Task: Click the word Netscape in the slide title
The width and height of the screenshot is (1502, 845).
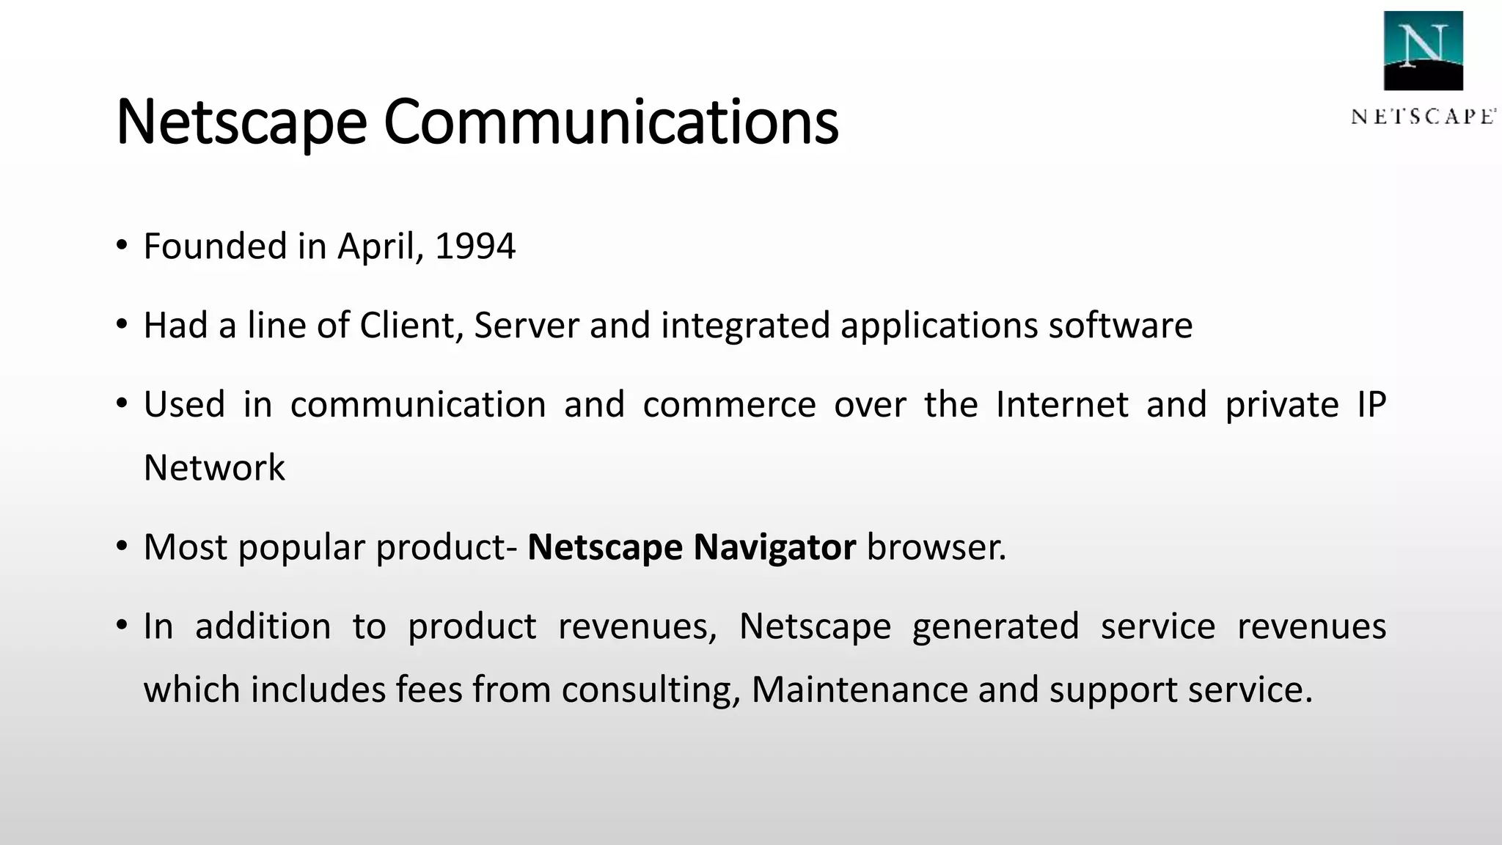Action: [241, 122]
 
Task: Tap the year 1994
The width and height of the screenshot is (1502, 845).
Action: [475, 246]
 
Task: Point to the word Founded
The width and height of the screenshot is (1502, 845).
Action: [215, 246]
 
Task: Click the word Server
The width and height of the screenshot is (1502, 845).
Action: [527, 326]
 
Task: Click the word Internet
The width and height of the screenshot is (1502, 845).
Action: [1062, 405]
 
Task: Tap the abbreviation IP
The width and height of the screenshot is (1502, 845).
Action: [1371, 405]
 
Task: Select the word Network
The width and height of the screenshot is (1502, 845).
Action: [214, 468]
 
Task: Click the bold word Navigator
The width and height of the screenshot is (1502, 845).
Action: [774, 547]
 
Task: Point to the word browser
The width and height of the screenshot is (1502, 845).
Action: [936, 547]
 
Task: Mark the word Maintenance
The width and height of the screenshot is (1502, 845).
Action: [860, 689]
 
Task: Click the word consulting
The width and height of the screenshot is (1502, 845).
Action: [651, 689]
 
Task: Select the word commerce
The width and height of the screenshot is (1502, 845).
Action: [729, 405]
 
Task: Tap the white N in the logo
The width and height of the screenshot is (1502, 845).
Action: [1423, 45]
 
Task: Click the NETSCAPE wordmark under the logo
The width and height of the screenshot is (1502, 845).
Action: [1423, 117]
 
